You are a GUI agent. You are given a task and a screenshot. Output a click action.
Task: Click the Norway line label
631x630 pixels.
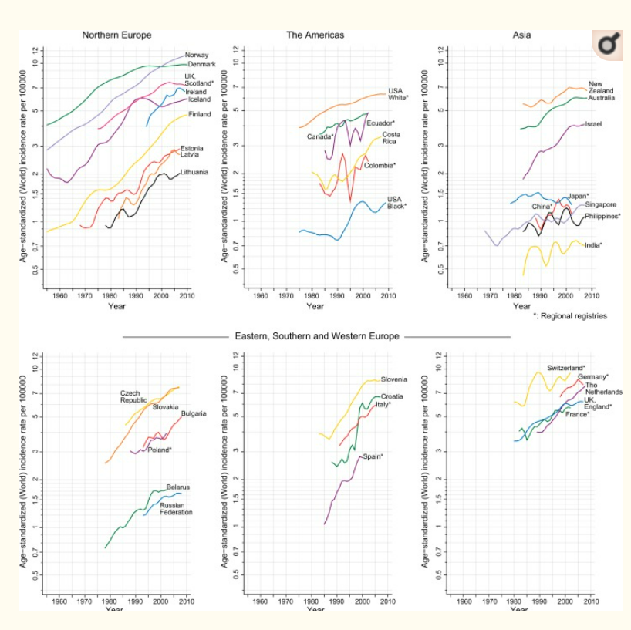tap(197, 55)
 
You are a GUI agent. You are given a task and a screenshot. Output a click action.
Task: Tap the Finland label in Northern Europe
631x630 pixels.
tap(199, 114)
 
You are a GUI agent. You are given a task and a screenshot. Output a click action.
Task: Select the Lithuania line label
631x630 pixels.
tap(194, 172)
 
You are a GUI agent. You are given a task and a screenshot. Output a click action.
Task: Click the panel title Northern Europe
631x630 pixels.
tap(116, 35)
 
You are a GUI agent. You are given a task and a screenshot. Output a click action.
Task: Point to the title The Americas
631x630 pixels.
tap(315, 35)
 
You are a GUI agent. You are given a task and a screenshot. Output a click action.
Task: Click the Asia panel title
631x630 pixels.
tap(521, 35)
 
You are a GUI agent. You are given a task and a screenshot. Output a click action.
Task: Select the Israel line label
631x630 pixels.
tap(593, 123)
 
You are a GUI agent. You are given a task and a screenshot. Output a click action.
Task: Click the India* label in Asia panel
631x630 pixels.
tap(593, 245)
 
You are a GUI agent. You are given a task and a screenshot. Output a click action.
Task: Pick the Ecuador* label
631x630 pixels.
tap(380, 123)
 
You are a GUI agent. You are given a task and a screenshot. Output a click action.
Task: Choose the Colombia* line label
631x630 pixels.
tap(379, 165)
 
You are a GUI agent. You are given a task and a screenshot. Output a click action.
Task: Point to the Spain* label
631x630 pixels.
tap(373, 456)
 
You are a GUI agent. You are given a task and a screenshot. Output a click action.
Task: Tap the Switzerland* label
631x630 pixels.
tap(566, 368)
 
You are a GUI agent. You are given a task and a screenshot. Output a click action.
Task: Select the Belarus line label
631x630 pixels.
tap(178, 487)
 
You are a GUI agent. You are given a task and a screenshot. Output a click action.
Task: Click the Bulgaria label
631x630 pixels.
tap(194, 413)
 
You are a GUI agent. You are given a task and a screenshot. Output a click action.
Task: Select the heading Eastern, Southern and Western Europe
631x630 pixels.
tap(316, 336)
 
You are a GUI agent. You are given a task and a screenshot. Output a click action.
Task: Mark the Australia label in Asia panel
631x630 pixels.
tap(601, 99)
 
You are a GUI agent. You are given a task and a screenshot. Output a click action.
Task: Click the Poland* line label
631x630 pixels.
tap(160, 450)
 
